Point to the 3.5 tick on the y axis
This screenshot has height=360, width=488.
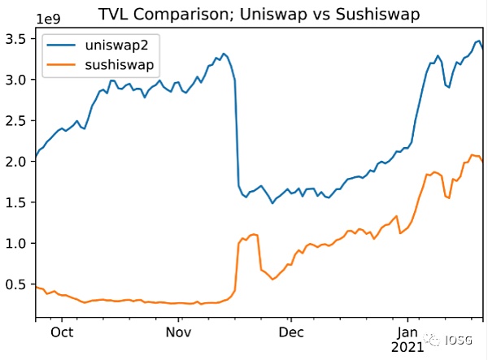[x=17, y=38]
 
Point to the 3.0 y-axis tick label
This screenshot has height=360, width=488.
[x=17, y=80]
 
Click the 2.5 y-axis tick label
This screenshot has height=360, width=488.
[x=17, y=120]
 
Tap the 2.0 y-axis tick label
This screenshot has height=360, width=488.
[x=17, y=161]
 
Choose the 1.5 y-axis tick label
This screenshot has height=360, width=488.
[x=17, y=202]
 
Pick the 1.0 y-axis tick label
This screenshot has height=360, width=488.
[x=17, y=243]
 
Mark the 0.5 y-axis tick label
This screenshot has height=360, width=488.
[x=17, y=284]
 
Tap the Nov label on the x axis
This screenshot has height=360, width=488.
[x=178, y=332]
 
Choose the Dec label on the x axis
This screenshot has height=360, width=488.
[x=290, y=332]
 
